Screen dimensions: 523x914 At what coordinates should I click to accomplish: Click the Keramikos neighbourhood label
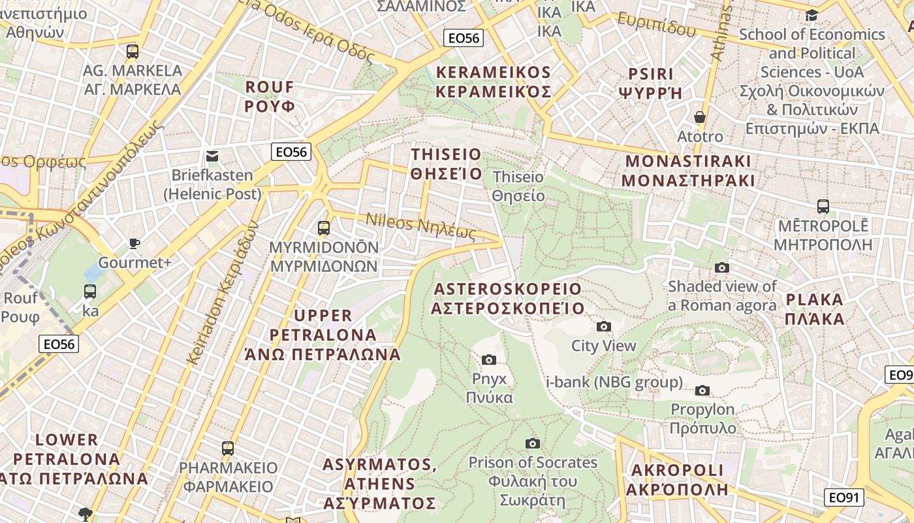pyautogui.click(x=494, y=82)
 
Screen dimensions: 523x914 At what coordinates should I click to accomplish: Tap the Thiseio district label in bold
pyautogui.click(x=447, y=164)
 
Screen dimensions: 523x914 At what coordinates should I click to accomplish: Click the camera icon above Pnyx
pyautogui.click(x=488, y=360)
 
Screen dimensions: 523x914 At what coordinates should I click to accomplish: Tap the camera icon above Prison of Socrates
pyautogui.click(x=533, y=443)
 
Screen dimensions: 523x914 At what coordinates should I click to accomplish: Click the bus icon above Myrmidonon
pyautogui.click(x=323, y=228)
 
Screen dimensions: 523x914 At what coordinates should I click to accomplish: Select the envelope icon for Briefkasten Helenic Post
pyautogui.click(x=212, y=156)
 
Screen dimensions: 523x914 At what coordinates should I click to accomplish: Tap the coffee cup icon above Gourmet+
pyautogui.click(x=134, y=243)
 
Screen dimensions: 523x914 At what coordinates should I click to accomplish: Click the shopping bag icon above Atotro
pyautogui.click(x=700, y=117)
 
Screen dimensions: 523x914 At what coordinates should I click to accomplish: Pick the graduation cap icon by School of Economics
pyautogui.click(x=812, y=15)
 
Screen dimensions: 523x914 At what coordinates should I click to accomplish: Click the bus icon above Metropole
pyautogui.click(x=823, y=207)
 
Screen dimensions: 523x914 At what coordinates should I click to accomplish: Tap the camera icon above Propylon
pyautogui.click(x=702, y=390)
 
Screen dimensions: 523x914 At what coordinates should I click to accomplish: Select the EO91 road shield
pyautogui.click(x=843, y=498)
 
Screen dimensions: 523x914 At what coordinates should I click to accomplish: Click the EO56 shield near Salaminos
pyautogui.click(x=463, y=38)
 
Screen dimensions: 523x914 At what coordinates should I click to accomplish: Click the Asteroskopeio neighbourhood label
pyautogui.click(x=507, y=298)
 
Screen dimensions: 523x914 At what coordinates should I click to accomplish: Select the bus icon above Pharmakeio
pyautogui.click(x=227, y=448)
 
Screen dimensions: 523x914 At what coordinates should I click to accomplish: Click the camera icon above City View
pyautogui.click(x=604, y=326)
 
